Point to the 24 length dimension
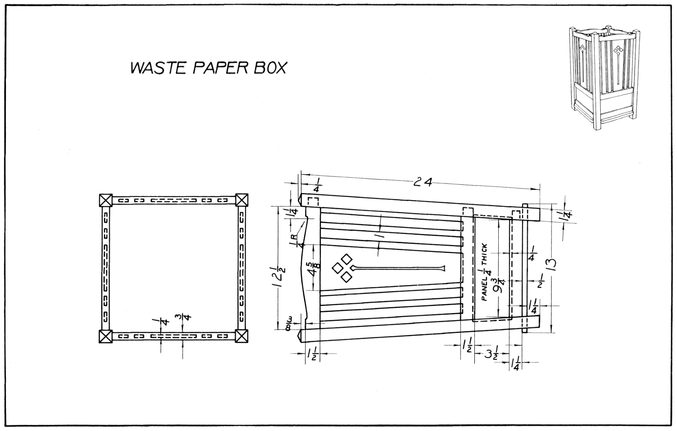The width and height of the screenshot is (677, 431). [423, 182]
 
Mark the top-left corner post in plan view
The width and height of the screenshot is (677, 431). [106, 200]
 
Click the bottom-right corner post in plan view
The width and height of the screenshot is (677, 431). [242, 336]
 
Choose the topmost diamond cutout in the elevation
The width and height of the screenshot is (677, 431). [347, 259]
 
